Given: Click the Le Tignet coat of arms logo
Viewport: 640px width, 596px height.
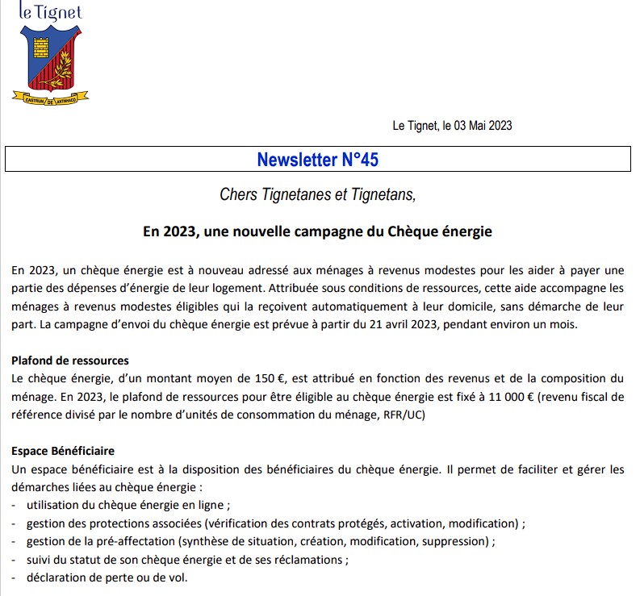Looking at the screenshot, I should [x=50, y=60].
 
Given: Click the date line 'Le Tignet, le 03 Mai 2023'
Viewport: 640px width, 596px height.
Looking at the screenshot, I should [x=452, y=125].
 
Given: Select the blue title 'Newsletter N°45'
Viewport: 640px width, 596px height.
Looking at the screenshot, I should [x=317, y=160].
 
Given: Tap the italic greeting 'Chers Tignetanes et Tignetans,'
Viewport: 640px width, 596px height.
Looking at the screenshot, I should [x=317, y=194].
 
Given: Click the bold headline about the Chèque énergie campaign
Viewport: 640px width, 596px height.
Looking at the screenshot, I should [x=317, y=231].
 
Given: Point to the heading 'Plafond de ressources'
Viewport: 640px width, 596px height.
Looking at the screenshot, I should [x=70, y=361].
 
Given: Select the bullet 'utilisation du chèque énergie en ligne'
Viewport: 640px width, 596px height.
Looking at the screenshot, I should [x=128, y=506].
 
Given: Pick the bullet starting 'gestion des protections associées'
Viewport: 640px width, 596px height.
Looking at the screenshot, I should [x=274, y=523].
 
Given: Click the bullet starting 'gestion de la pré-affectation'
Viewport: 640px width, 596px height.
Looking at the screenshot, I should [x=260, y=541].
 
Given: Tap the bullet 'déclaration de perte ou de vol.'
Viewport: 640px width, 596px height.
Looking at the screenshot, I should [x=107, y=578].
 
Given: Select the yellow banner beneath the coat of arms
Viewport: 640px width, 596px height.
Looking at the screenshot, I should [x=50, y=97].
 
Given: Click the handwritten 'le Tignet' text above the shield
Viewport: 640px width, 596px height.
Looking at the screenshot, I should [x=50, y=12].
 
